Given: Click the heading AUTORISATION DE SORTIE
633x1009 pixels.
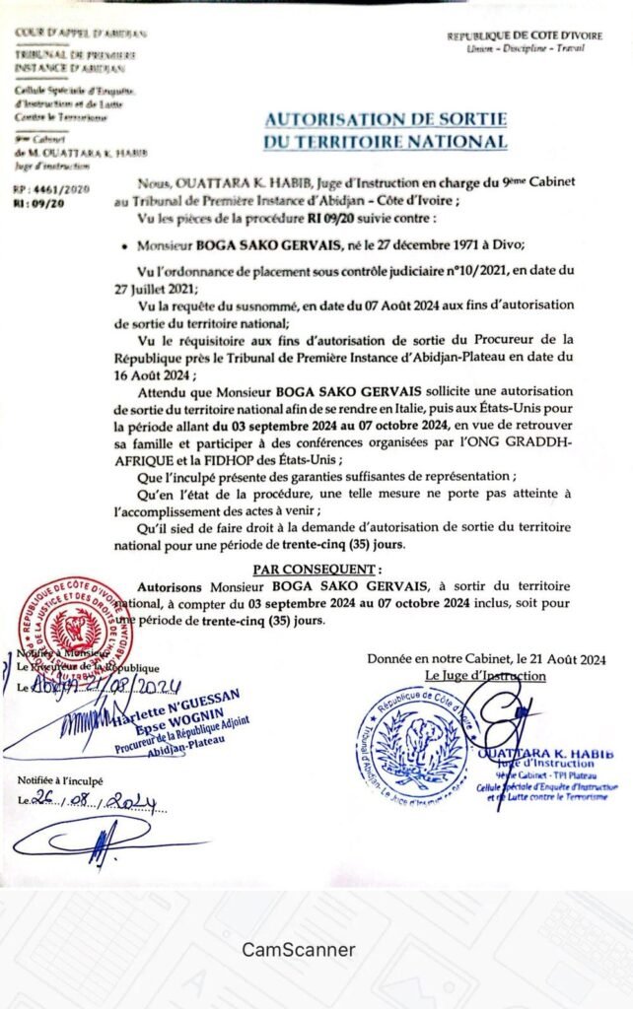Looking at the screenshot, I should pyautogui.click(x=386, y=119).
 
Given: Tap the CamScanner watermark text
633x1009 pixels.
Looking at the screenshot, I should pyautogui.click(x=299, y=950).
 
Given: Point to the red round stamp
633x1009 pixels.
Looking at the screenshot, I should pyautogui.click(x=72, y=623).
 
